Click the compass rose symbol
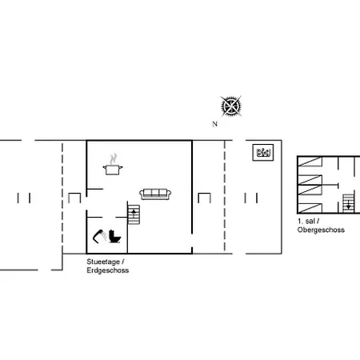231,106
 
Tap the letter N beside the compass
214,124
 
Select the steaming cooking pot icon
113,164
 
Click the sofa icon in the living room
155,194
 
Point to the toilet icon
114,237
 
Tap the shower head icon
99,236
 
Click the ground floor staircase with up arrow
134,214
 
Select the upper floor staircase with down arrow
348,203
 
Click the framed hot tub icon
263,153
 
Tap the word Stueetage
103,262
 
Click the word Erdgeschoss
108,270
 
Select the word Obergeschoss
321,230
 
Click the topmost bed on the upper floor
310,162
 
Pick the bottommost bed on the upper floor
310,208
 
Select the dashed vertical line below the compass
225,196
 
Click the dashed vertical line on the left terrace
62,198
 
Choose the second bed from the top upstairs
310,180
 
